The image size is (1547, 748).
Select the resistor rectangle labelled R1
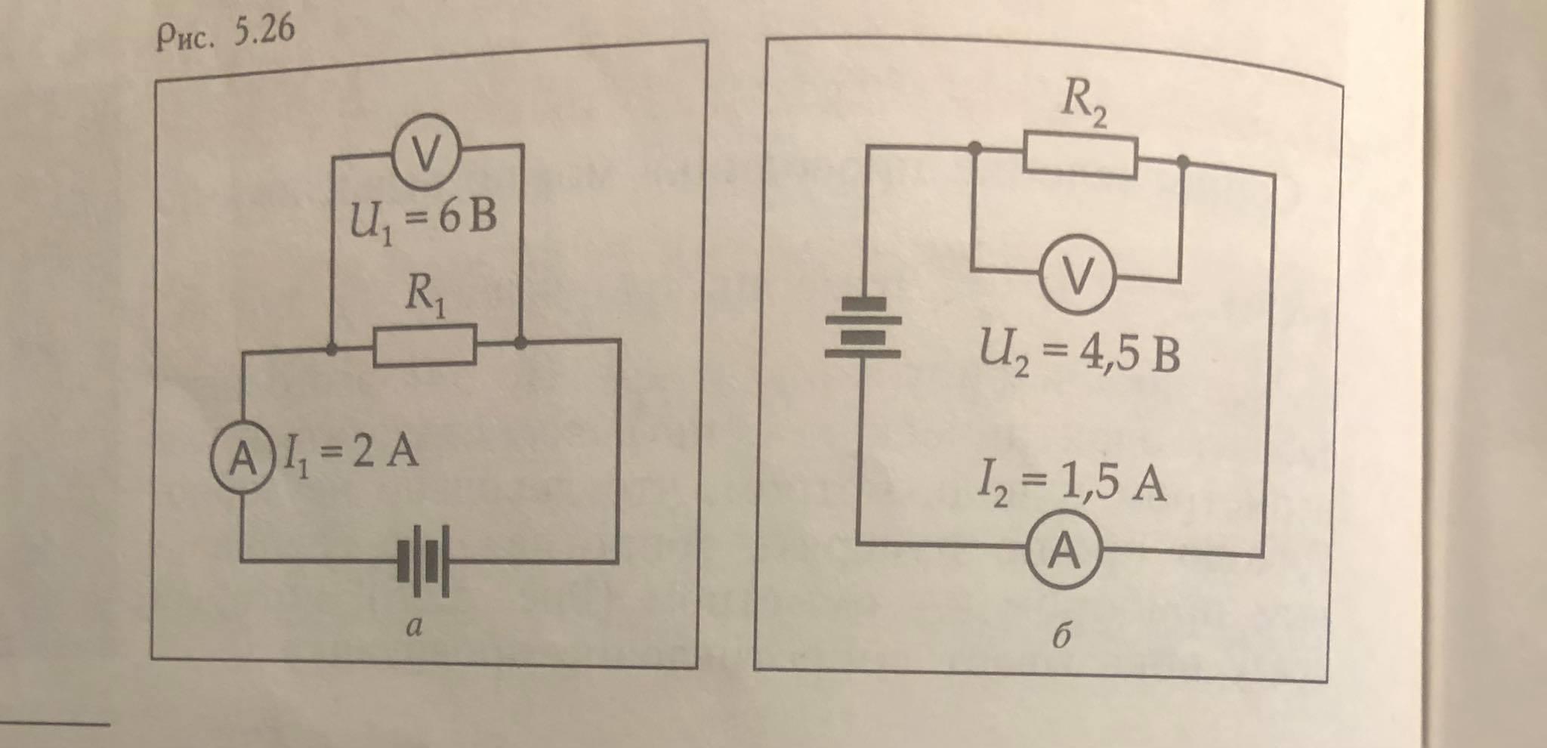(425, 346)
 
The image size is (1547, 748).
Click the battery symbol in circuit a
(424, 561)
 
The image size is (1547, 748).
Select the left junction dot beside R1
(331, 350)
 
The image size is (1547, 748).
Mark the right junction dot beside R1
(520, 343)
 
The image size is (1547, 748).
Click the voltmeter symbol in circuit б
(1077, 277)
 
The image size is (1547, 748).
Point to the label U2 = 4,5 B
(1079, 354)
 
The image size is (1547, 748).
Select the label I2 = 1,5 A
(1071, 483)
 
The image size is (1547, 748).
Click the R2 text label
(1084, 101)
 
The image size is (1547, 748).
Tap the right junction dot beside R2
(1183, 161)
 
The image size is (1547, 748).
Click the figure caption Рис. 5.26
(224, 34)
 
